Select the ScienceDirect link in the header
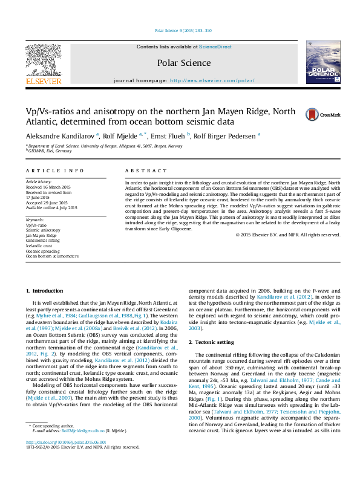(x=215, y=47)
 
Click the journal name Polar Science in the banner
(x=184, y=63)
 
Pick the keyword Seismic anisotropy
(x=42, y=230)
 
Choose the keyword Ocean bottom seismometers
(x=52, y=256)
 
